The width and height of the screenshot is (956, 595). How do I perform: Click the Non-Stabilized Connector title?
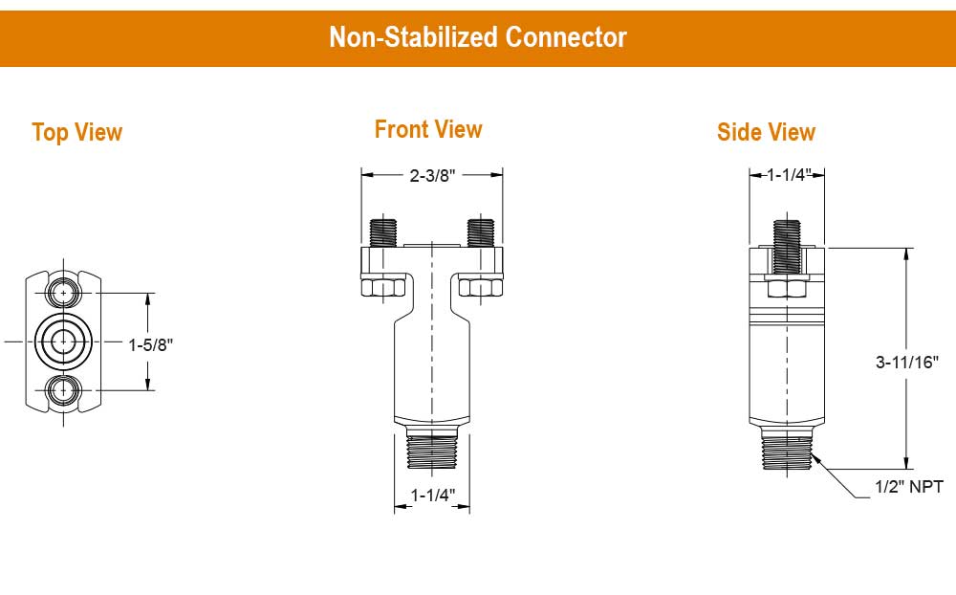478,37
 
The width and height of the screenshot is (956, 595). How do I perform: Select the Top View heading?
76,132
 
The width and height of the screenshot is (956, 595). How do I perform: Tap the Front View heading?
428,129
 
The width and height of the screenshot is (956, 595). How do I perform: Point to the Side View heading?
766,132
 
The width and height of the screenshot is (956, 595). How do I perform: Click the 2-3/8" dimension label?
432,175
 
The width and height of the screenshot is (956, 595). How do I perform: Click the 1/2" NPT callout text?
908,488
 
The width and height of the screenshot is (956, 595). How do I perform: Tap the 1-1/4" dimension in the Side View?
788,174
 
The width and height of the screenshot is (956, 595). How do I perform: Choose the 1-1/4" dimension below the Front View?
432,495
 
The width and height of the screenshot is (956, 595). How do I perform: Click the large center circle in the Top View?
64,341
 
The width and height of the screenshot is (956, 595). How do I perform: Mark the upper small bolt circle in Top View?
64,292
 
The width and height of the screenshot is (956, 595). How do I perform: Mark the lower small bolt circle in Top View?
64,388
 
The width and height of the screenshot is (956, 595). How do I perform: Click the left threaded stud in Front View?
382,231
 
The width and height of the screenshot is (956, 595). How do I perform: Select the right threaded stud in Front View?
480,231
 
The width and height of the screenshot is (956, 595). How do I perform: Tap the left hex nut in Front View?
382,286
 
